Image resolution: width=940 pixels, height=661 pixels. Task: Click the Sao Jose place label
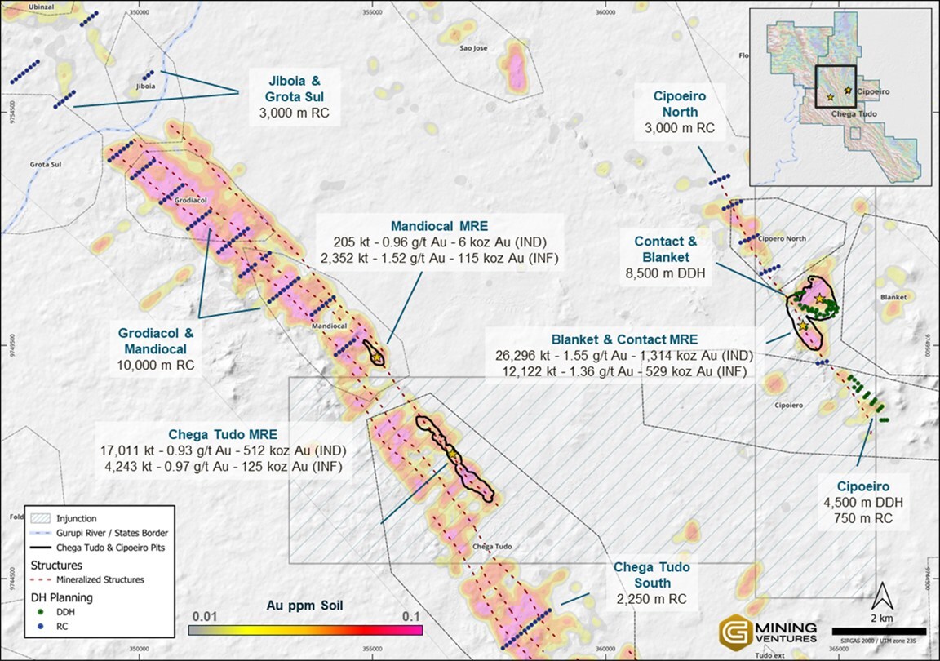click(x=473, y=48)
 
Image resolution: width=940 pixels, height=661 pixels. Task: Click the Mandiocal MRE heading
click(x=439, y=226)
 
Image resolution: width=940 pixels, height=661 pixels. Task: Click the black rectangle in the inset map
click(x=835, y=87)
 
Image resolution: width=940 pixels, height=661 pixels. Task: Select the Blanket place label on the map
click(x=893, y=297)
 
